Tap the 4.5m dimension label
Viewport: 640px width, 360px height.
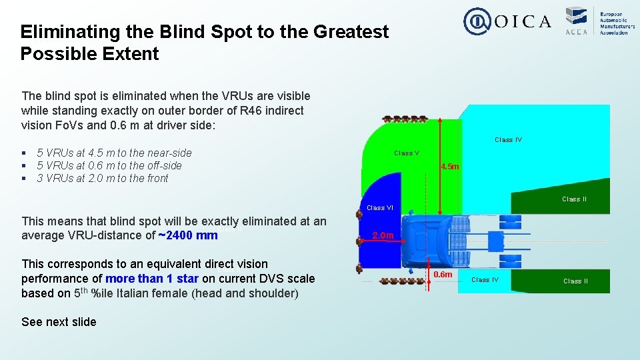click(450, 166)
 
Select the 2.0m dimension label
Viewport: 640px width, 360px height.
click(384, 235)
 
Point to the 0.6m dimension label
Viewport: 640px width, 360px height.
click(443, 274)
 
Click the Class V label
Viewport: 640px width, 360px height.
click(407, 153)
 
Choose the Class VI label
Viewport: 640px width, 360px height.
click(381, 208)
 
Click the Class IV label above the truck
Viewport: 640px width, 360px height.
click(508, 140)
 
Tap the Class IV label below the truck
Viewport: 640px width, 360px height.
click(485, 280)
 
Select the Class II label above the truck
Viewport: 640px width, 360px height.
click(575, 199)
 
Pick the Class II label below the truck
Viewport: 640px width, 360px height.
click(576, 281)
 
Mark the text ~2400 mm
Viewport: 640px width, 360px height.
click(188, 235)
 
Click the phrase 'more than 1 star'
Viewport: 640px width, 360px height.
click(153, 279)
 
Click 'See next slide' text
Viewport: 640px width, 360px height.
click(59, 322)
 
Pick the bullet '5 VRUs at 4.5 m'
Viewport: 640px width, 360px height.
click(113, 153)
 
